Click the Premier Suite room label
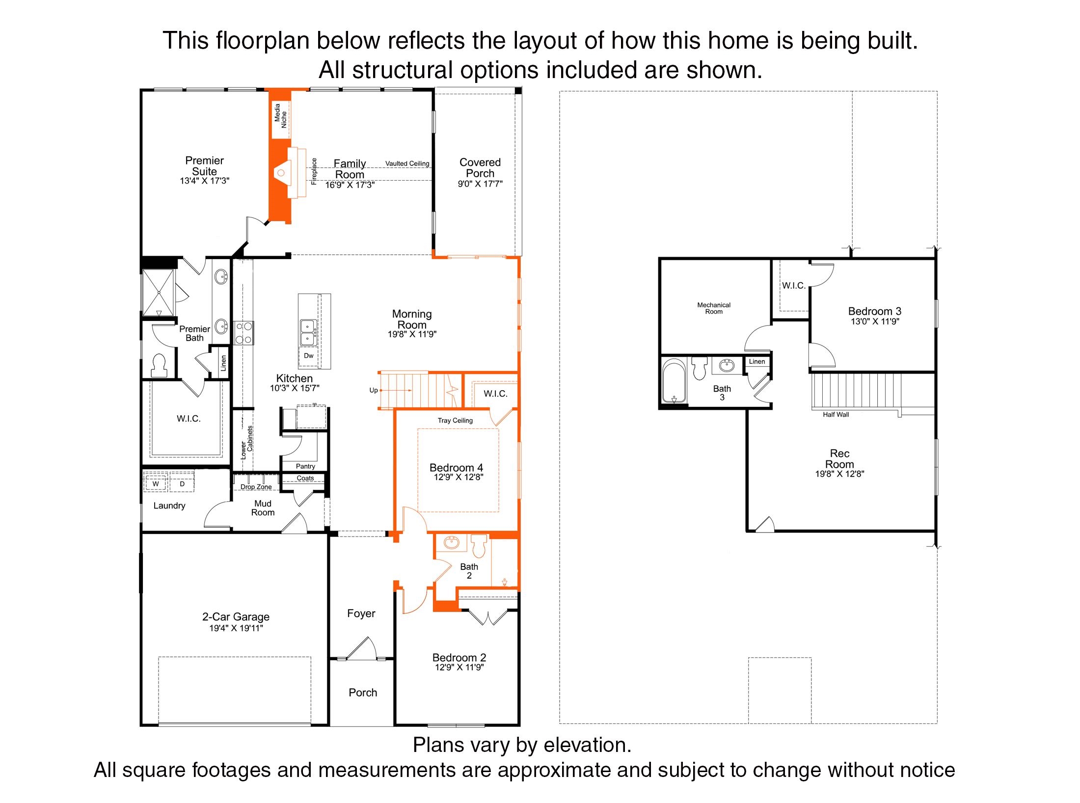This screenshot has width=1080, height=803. tap(204, 166)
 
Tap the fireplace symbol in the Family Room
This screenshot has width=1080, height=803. tap(281, 172)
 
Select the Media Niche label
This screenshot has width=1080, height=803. tap(281, 116)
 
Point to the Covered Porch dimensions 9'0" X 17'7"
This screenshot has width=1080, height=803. tap(480, 184)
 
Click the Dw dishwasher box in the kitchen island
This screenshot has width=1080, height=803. tap(309, 356)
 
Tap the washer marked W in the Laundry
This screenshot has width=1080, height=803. tap(156, 483)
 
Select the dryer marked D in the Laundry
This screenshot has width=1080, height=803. tap(182, 483)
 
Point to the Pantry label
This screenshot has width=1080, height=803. tap(305, 466)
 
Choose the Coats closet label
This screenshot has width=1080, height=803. tap(305, 478)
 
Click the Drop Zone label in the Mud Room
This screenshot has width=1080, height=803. tap(256, 487)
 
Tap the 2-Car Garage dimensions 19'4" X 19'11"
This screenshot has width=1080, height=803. tap(236, 628)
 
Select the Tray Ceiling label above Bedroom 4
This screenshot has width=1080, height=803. tap(455, 421)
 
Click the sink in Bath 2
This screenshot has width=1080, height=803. tap(452, 543)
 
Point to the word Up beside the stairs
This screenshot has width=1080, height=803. tap(374, 390)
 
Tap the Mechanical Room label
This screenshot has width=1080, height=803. tap(714, 308)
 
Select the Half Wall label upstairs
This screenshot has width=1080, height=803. tap(836, 415)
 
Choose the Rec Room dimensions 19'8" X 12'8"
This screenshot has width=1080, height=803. tap(839, 474)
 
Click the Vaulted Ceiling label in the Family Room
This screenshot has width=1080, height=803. tap(407, 163)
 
